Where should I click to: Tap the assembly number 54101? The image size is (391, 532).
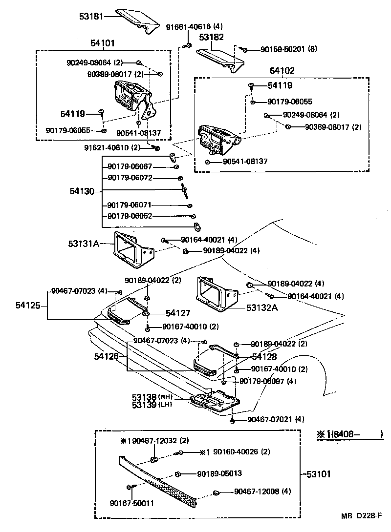[102, 43]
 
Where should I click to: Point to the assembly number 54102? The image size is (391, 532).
[282, 71]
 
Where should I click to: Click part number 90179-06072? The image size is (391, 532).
[130, 178]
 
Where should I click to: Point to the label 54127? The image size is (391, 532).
[177, 313]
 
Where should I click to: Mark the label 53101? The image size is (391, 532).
[319, 473]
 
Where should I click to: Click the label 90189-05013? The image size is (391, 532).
[219, 473]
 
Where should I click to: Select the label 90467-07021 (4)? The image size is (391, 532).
[276, 419]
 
